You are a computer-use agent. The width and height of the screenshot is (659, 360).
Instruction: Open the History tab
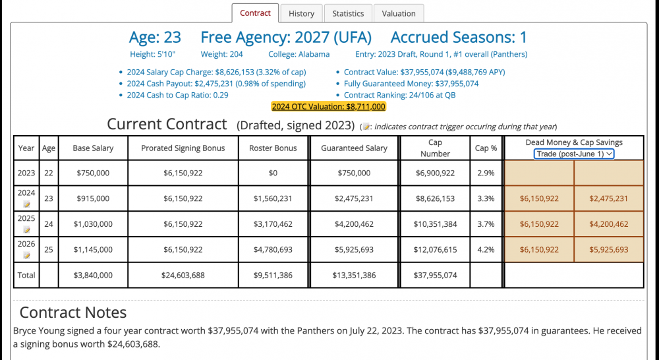click(x=301, y=13)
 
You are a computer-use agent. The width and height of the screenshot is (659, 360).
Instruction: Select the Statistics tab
click(x=348, y=13)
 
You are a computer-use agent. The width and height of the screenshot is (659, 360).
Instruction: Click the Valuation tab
click(x=399, y=13)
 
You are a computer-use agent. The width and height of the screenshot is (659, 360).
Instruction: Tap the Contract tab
click(x=255, y=13)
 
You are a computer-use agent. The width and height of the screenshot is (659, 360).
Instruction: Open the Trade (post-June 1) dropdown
click(x=573, y=154)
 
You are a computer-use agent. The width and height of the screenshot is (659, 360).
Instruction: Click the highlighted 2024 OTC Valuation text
click(x=328, y=106)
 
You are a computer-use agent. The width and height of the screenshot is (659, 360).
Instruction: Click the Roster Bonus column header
click(x=273, y=148)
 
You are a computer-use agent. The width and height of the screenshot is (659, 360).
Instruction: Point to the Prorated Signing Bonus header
click(x=183, y=148)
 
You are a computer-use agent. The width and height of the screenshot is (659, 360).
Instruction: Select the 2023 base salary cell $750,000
click(x=92, y=173)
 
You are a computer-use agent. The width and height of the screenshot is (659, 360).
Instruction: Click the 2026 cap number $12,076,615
click(x=435, y=250)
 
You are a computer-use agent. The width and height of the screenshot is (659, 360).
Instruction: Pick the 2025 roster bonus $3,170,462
click(x=273, y=224)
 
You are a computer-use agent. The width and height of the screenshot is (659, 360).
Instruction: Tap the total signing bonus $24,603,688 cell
click(x=183, y=275)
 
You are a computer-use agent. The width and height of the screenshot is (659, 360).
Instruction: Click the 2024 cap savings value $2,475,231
click(x=608, y=198)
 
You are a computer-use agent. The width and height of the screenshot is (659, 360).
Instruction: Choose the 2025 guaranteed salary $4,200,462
click(x=355, y=224)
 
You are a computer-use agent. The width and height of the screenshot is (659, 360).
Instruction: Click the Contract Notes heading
click(x=73, y=312)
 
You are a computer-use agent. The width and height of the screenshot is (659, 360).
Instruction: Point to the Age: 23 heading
click(x=155, y=38)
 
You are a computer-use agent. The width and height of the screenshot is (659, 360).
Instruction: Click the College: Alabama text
click(x=299, y=54)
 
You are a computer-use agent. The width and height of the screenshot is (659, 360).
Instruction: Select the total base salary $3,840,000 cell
click(x=92, y=275)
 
